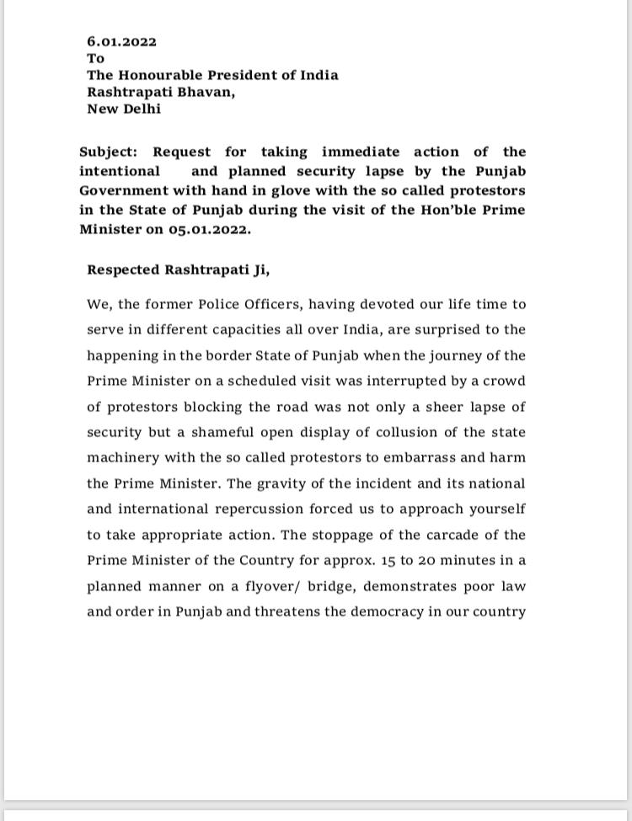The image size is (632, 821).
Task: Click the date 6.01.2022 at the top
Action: tap(121, 41)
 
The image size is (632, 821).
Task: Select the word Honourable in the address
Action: tap(156, 75)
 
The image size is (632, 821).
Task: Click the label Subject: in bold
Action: tap(109, 152)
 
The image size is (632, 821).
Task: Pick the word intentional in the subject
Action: tap(120, 171)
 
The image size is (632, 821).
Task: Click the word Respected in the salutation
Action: tap(123, 270)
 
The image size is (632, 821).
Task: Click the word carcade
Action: tap(457, 535)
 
